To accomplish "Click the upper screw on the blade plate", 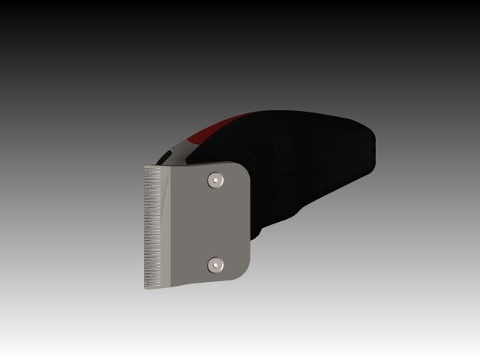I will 216,179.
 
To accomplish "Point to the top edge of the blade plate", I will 195,166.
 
